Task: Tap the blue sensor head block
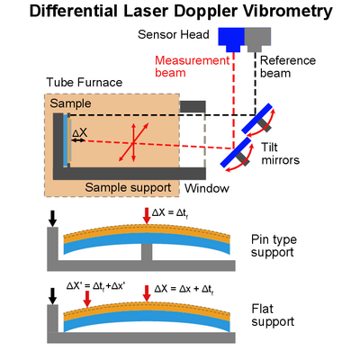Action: pos(231,39)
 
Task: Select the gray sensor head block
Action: pos(257,39)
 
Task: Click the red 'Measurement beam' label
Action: pos(192,67)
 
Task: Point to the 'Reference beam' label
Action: pos(288,67)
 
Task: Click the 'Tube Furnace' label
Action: pos(85,82)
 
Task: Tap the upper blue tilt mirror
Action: pos(257,119)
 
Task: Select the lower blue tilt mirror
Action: pos(236,152)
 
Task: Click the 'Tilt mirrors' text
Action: pos(280,154)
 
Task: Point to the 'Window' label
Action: pos(207,188)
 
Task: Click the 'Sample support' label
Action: pos(128,187)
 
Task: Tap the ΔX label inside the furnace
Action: pos(79,132)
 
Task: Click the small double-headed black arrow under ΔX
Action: pos(78,140)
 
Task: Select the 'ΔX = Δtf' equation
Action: pos(170,213)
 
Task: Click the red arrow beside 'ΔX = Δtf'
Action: pos(147,216)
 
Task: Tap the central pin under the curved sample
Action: pos(147,252)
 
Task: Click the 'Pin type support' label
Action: pos(274,246)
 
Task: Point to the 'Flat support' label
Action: pos(273,315)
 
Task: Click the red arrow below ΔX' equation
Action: pos(87,299)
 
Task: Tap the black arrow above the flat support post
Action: pos(53,296)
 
